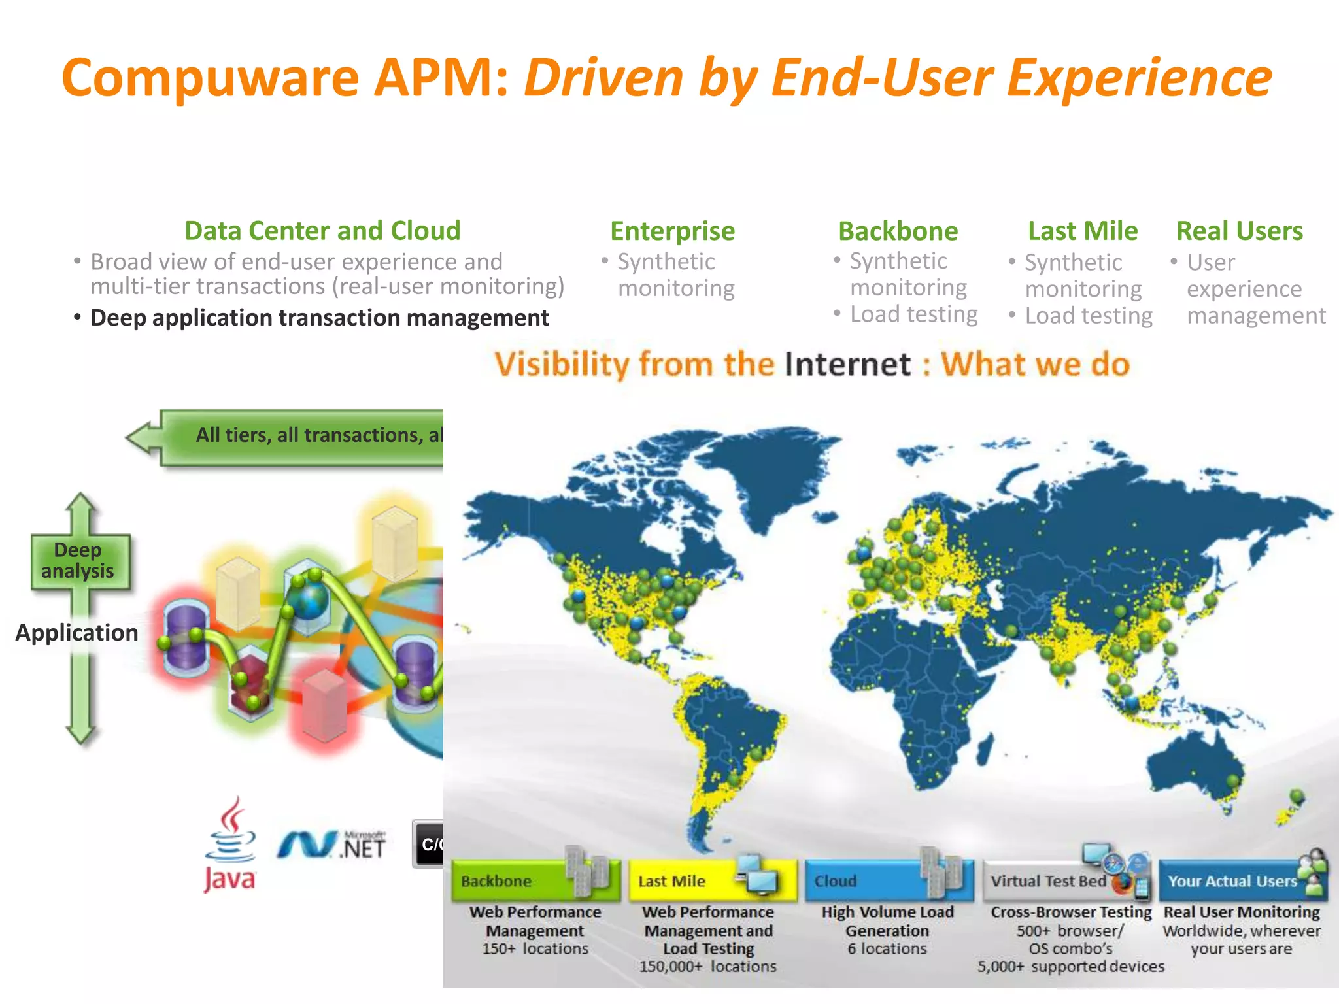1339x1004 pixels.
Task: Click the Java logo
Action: coord(229,845)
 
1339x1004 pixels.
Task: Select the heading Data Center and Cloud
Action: coord(322,231)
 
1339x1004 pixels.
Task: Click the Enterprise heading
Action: coord(672,231)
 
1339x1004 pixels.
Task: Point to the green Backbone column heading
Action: coord(898,231)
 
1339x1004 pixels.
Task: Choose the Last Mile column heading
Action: coord(1082,231)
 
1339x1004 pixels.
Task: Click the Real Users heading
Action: coord(1239,231)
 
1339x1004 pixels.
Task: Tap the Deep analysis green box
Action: coord(78,560)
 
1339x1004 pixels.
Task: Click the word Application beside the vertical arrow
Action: coord(76,633)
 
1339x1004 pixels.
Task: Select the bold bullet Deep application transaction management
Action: coord(319,318)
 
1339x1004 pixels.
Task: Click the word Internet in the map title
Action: coord(847,365)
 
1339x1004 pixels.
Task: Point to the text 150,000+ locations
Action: coord(707,966)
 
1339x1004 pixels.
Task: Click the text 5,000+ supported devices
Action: coord(1071,966)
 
